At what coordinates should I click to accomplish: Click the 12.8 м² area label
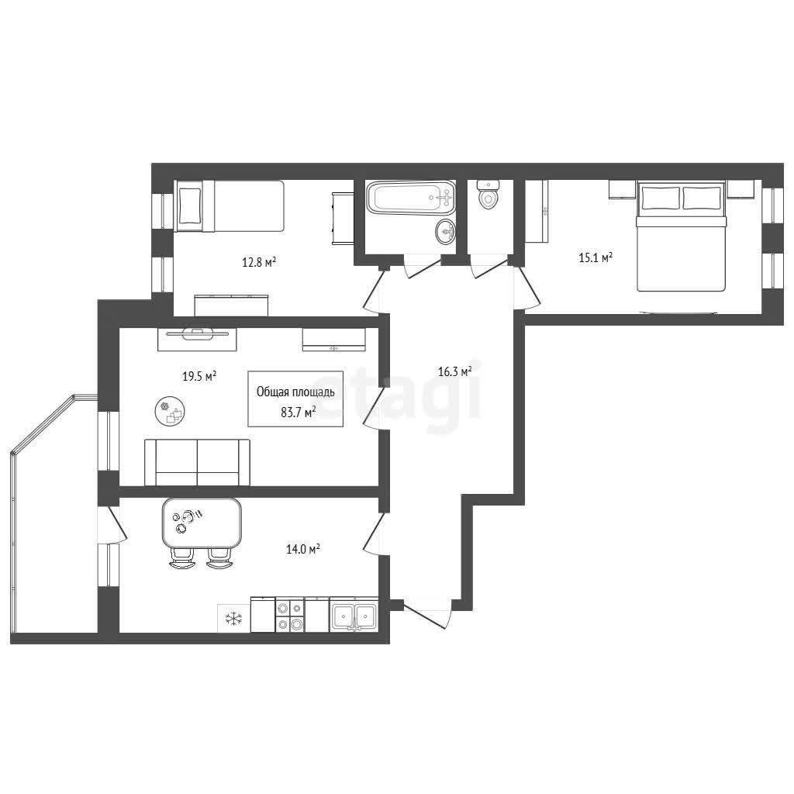259,262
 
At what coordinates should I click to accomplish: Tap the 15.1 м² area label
595,257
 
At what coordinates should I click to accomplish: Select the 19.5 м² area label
199,376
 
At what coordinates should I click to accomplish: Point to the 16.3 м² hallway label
454,371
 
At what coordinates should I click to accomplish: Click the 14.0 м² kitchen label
303,549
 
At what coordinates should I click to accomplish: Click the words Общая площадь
295,392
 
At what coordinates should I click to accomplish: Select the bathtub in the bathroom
411,198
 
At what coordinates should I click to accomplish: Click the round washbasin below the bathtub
445,232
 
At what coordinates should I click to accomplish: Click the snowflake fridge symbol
233,618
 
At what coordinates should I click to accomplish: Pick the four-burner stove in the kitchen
290,614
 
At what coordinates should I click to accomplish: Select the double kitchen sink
354,614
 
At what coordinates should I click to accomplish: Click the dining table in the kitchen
202,523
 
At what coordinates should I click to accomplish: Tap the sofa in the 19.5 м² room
197,462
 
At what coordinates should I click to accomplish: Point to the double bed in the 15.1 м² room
681,237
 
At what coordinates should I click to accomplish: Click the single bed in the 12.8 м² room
229,206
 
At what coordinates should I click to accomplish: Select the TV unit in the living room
197,340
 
